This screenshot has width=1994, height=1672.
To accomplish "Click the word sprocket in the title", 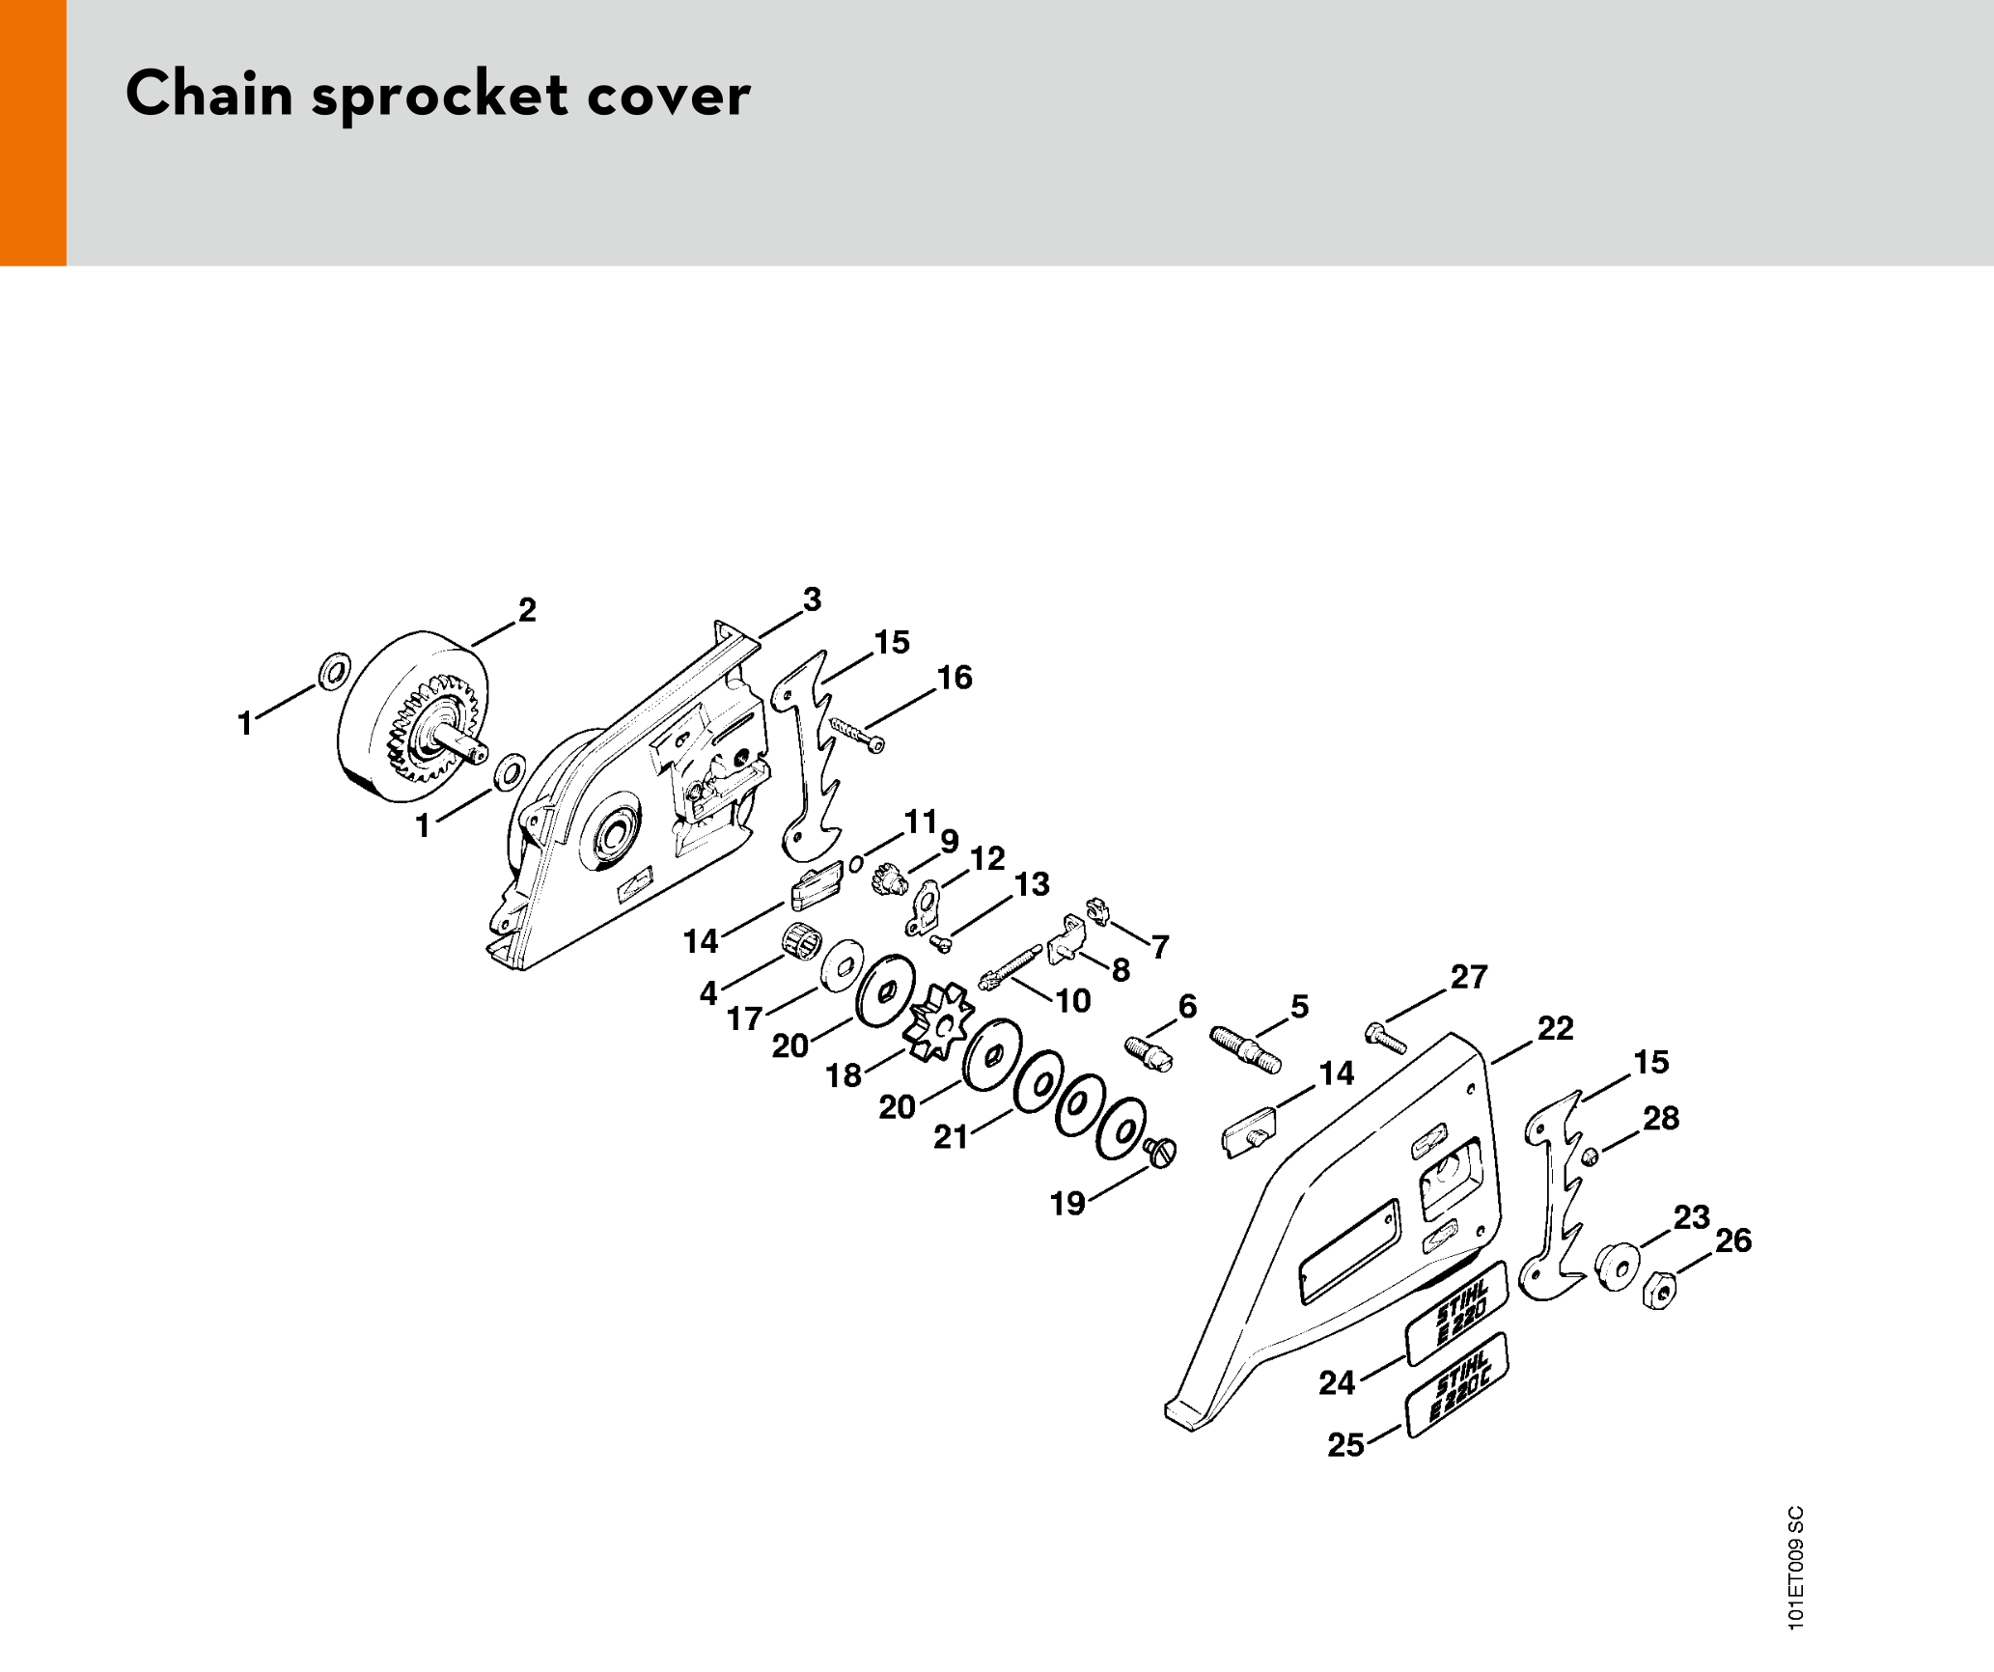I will coord(439,96).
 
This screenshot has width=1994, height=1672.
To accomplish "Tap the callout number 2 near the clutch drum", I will coord(527,610).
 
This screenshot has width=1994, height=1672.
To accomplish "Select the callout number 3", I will coord(813,599).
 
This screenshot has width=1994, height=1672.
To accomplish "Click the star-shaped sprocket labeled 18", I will coord(937,1021).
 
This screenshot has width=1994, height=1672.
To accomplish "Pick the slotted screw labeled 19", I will coord(1160,1151).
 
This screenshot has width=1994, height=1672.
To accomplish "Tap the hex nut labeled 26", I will coord(1658,1290).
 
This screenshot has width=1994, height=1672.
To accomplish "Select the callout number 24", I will coord(1337,1382).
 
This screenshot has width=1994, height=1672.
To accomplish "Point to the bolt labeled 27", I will coord(1386,1039).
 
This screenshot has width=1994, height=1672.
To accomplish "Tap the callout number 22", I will coord(1555,1028).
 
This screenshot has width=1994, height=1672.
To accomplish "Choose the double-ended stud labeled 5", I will coord(1246,1049).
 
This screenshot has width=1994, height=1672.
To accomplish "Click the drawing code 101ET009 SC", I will coord(1795,1568).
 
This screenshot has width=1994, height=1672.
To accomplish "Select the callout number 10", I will coord(1073,1000).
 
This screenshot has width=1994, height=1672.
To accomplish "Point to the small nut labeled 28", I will coord(1591,1156).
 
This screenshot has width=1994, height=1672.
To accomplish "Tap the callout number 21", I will coord(951,1137).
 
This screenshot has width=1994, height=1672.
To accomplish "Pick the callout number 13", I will coord(1032,884).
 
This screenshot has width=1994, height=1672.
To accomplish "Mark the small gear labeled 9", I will coord(887,879).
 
